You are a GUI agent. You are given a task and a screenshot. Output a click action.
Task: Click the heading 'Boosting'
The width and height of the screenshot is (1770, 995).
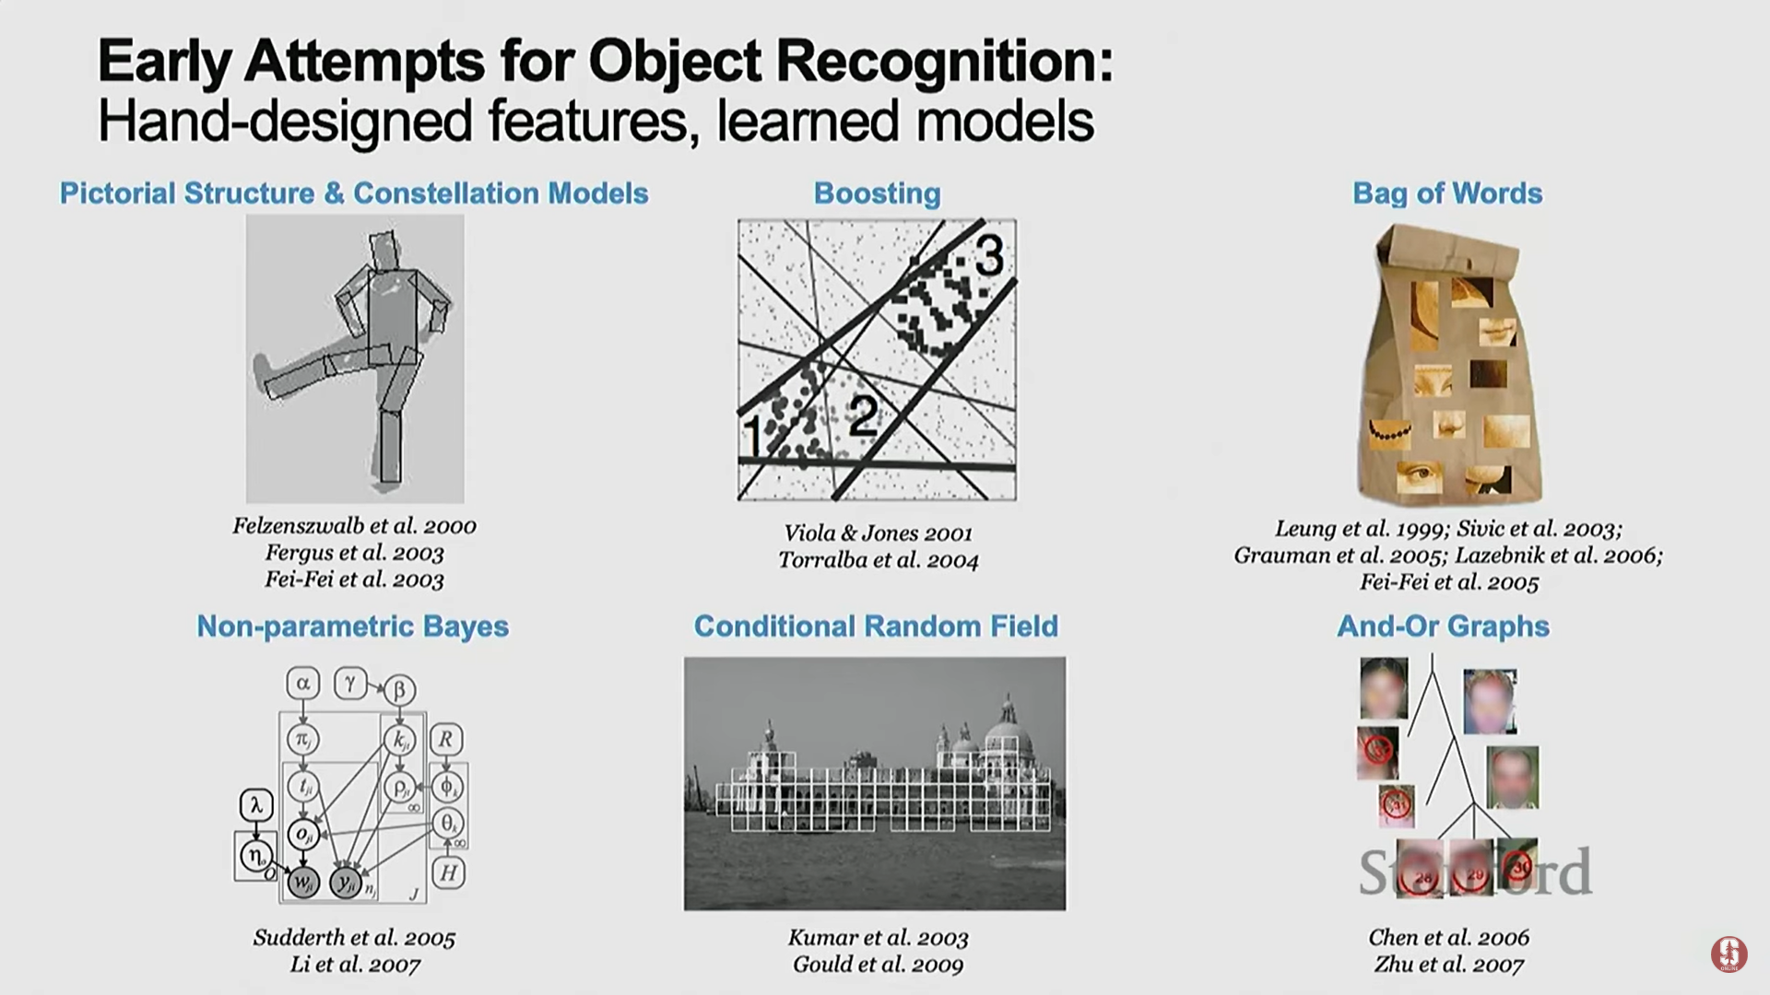click(877, 193)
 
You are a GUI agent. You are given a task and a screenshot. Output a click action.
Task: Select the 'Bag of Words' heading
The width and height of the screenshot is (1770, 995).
click(1446, 193)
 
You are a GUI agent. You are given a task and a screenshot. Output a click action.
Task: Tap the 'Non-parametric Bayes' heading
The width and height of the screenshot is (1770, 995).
click(352, 626)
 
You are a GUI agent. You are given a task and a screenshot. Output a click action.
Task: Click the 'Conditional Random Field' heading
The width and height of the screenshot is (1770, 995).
click(876, 626)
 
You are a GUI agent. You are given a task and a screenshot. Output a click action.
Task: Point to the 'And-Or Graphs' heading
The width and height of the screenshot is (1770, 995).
click(1443, 626)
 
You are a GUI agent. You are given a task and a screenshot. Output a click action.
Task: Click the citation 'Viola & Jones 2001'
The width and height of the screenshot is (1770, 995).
click(878, 533)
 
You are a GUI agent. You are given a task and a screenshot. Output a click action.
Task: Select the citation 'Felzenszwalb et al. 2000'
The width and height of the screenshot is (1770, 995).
click(354, 526)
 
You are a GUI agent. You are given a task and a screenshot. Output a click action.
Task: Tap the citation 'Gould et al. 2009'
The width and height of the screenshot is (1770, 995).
click(878, 965)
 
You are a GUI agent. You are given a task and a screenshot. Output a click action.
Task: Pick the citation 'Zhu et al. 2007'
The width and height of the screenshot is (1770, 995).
click(1448, 965)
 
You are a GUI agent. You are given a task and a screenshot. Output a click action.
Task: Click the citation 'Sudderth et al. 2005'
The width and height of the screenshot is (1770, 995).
click(354, 938)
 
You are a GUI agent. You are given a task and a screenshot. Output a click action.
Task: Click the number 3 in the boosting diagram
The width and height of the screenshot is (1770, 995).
click(988, 255)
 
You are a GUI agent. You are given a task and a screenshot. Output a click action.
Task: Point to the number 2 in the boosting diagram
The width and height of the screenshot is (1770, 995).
click(862, 416)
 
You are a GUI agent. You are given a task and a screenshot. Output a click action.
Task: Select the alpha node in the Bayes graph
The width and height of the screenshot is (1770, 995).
click(302, 684)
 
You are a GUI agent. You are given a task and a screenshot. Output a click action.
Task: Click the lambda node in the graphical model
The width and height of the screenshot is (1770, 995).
click(256, 805)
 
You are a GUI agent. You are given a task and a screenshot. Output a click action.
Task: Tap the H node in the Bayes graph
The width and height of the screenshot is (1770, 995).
click(448, 872)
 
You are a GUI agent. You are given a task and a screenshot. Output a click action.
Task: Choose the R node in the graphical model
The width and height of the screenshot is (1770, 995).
click(446, 739)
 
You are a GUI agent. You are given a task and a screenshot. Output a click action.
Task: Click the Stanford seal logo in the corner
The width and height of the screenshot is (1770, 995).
click(1729, 954)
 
